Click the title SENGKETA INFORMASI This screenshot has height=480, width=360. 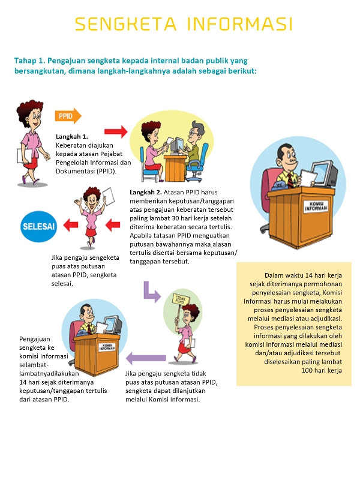(x=184, y=25)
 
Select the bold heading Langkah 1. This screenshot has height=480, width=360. (x=72, y=136)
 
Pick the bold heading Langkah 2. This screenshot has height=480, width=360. (x=146, y=193)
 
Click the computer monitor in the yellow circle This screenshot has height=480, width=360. (x=176, y=143)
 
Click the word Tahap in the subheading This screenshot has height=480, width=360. (x=25, y=61)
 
